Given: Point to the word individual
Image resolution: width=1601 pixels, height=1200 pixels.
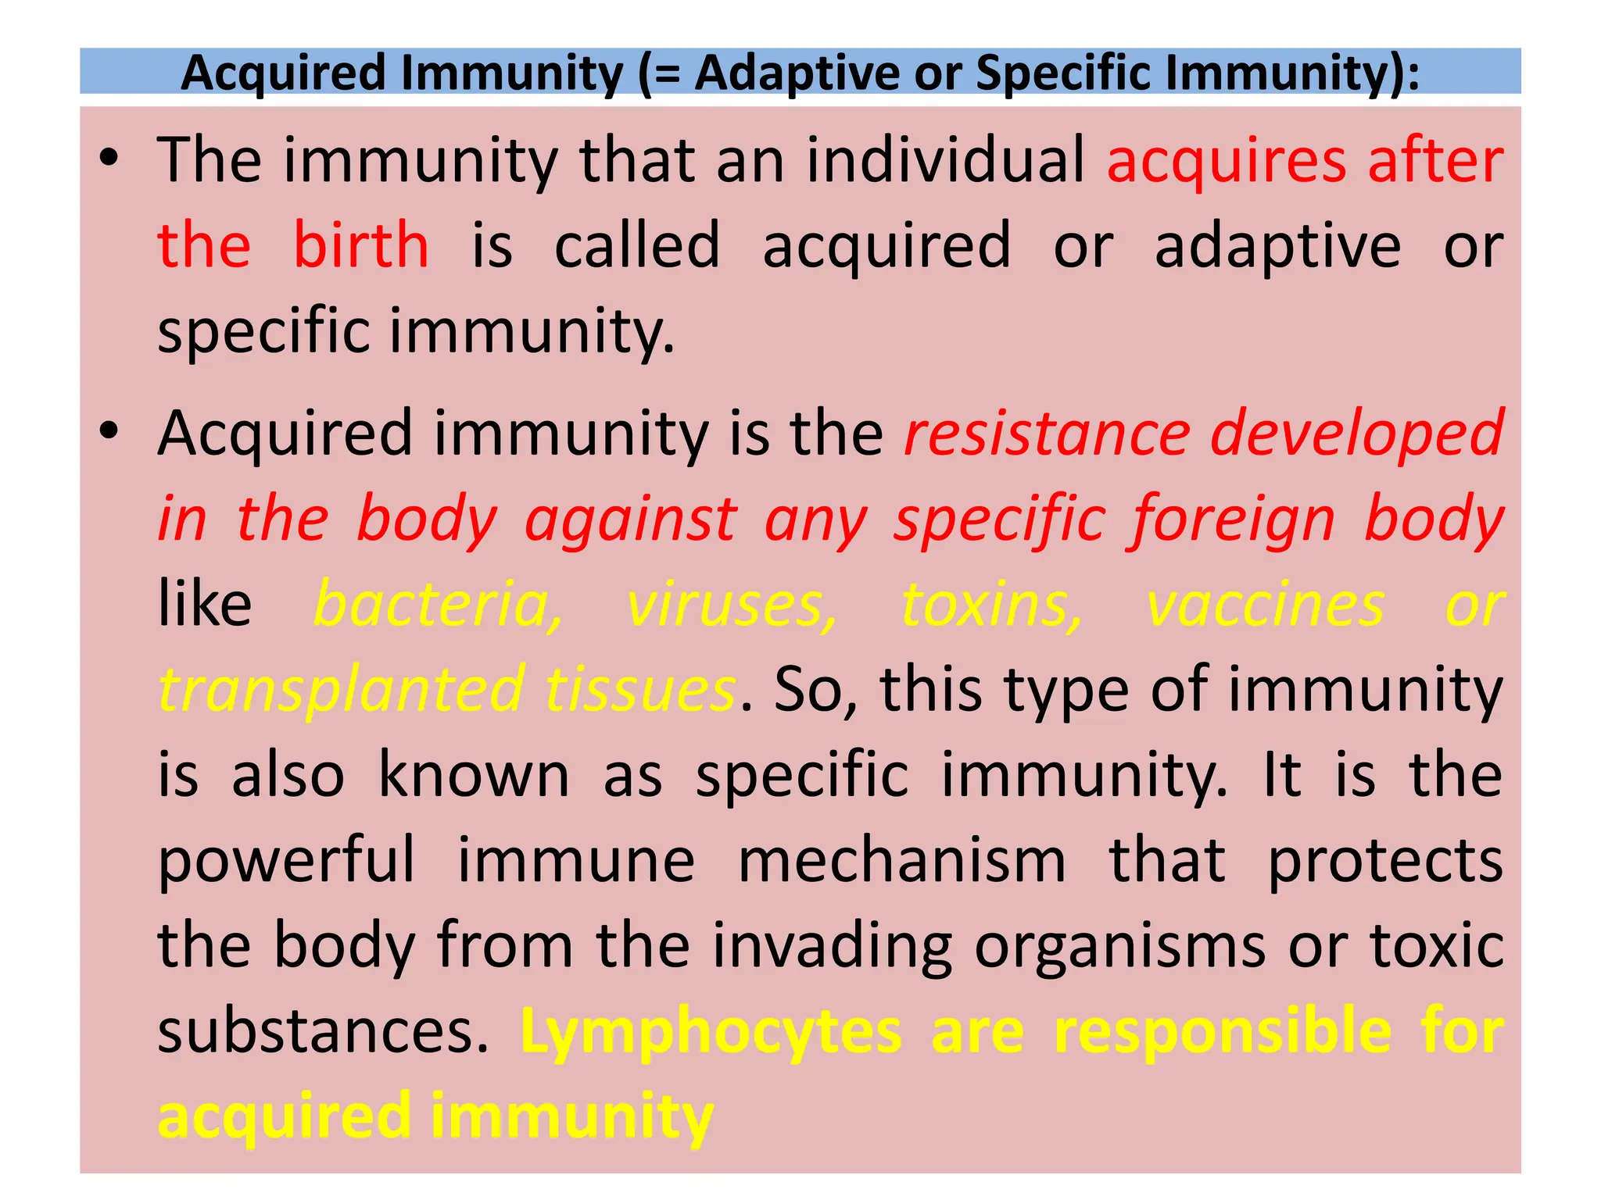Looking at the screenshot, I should point(945,160).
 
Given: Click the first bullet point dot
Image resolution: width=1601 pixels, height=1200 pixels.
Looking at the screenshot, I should point(109,159).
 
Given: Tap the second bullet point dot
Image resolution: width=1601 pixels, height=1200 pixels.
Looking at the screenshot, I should point(109,430).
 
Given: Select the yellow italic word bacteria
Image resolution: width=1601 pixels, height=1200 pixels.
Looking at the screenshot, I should point(438,605).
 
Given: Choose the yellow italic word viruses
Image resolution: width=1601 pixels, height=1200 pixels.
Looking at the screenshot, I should point(732,605).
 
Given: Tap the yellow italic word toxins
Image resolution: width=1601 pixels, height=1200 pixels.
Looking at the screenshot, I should point(992,605).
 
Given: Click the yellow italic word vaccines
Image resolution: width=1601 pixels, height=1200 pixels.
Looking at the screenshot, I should point(1266,605).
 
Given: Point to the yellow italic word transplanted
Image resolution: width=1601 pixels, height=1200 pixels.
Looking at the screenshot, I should point(341,690).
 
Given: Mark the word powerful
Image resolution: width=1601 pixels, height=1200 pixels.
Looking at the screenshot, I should point(286,861).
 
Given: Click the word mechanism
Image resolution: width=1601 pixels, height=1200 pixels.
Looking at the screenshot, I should point(902,861).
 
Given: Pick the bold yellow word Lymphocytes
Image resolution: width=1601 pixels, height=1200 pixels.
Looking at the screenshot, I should point(711,1032).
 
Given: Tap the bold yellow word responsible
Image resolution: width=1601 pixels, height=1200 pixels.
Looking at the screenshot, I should point(1223,1032).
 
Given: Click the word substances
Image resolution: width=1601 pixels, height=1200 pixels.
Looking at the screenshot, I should point(323,1032).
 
